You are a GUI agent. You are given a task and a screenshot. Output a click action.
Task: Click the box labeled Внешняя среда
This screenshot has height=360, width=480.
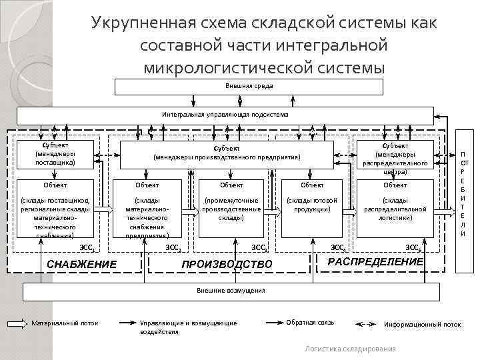(x=249, y=87)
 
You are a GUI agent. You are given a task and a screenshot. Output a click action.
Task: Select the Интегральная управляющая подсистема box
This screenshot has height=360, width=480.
(x=225, y=115)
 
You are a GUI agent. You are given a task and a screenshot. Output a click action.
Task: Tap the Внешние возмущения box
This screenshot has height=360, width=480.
(x=231, y=291)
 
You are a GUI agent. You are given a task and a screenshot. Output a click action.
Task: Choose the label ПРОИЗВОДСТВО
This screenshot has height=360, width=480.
(x=227, y=265)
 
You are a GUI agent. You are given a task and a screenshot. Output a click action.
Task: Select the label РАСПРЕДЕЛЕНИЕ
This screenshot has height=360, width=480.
(x=376, y=261)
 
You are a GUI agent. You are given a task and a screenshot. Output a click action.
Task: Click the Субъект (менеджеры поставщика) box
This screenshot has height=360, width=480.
(x=56, y=153)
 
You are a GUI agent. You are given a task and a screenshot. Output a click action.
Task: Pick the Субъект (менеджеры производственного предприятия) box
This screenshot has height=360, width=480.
(x=227, y=153)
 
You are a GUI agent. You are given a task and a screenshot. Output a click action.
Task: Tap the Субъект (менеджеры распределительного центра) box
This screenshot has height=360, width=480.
(x=395, y=157)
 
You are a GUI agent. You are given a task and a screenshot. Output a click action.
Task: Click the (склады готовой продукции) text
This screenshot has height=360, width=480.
(x=312, y=205)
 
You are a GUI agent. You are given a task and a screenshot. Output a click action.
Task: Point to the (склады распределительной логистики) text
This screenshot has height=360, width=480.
(x=395, y=209)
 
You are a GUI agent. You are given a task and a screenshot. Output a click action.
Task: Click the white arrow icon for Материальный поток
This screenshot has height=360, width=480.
(x=17, y=324)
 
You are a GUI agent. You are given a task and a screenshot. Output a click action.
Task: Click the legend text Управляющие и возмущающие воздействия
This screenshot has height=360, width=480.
(x=188, y=327)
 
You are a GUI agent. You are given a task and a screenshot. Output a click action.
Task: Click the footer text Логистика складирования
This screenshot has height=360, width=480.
(x=350, y=349)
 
